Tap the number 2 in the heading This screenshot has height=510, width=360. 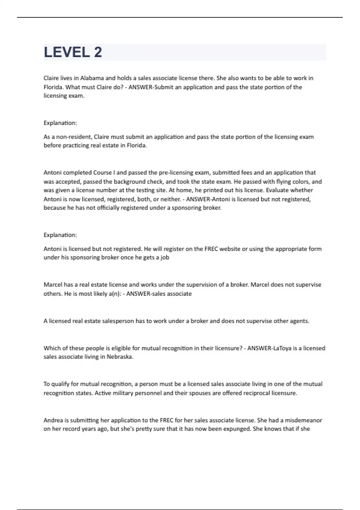click(x=98, y=52)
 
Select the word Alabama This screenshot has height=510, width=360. click(x=92, y=78)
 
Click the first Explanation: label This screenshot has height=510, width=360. click(x=60, y=123)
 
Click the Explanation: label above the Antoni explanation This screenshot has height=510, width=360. click(x=60, y=235)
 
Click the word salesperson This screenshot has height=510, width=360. click(x=118, y=321)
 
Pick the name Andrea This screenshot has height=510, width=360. click(x=53, y=420)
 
